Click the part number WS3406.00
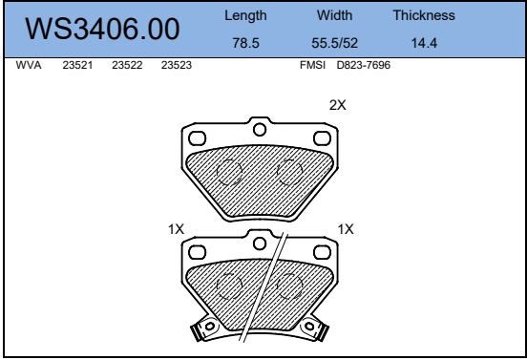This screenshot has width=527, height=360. point(102,29)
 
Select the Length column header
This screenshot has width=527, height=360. point(245,16)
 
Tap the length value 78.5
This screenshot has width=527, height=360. point(245,43)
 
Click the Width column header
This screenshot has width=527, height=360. point(334,15)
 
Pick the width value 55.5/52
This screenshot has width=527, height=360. point(334,43)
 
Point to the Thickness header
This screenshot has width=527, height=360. point(424,15)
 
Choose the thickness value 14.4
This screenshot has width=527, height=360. point(424,43)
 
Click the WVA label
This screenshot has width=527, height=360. point(29,65)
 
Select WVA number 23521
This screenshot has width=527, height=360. point(77,65)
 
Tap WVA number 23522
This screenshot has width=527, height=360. point(127,65)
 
